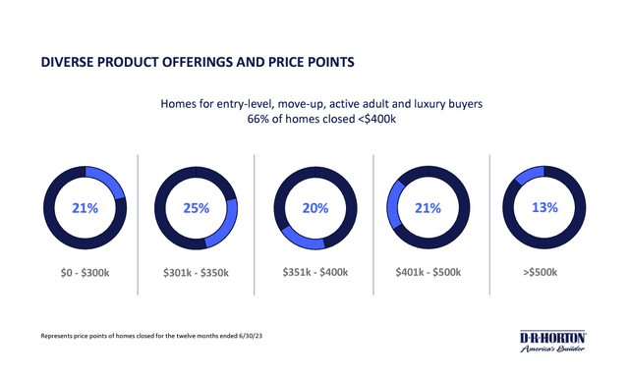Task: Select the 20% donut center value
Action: [x=314, y=208]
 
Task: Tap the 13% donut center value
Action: [x=544, y=208]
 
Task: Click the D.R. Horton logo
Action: [x=552, y=342]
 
